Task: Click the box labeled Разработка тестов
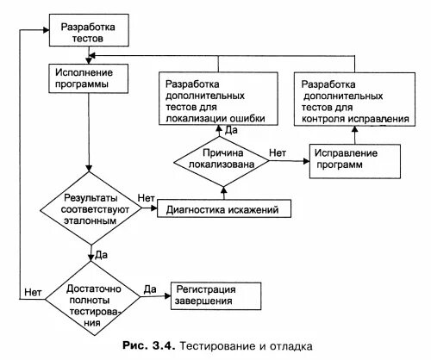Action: tap(89, 33)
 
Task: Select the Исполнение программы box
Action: tap(89, 79)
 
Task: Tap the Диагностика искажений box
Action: tap(223, 208)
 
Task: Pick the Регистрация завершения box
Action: tap(215, 295)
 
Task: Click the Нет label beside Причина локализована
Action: tap(278, 152)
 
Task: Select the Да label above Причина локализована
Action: tap(231, 130)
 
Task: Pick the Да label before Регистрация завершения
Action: tap(149, 289)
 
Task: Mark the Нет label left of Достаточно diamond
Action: tap(34, 289)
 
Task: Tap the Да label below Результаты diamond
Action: tap(101, 254)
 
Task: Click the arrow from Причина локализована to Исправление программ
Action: tap(288, 161)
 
